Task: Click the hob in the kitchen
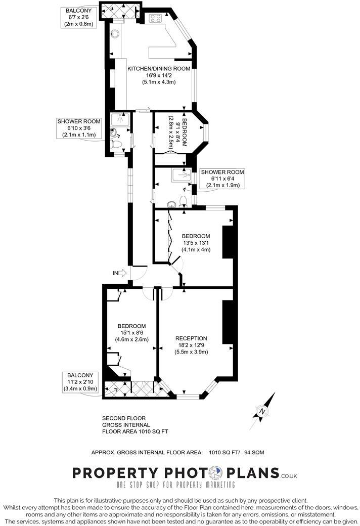tap(155, 19)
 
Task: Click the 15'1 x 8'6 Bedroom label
tap(132, 333)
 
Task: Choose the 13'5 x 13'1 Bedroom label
tap(196, 243)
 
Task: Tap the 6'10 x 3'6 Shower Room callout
tap(79, 128)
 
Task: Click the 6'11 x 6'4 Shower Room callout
tap(222, 179)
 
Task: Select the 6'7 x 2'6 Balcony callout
tap(78, 17)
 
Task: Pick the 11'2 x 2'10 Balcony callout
tap(79, 381)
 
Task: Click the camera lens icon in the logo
tap(215, 473)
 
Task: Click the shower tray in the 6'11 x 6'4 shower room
tap(181, 176)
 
